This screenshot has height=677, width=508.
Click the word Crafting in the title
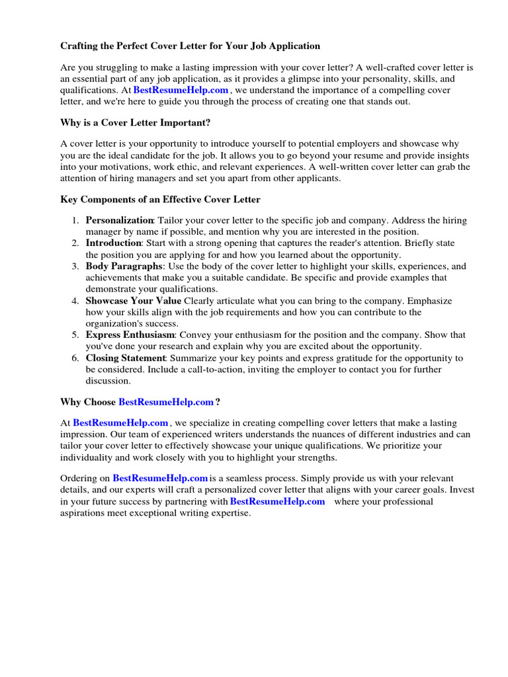tap(81, 46)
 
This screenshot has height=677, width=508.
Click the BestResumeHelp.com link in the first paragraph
tap(181, 90)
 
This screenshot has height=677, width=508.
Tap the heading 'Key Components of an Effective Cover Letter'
tap(160, 199)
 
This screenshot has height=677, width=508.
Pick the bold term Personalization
tap(120, 219)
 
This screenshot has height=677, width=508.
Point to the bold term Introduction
tap(114, 243)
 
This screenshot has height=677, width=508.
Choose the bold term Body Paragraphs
tap(124, 266)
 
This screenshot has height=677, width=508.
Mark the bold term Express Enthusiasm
tap(130, 335)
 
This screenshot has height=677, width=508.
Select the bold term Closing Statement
tap(126, 358)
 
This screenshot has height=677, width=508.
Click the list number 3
tap(75, 266)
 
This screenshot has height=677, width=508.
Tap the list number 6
tap(75, 358)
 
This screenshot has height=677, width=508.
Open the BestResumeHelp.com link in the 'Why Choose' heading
tap(166, 402)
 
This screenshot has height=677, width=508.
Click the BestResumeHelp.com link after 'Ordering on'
tap(160, 478)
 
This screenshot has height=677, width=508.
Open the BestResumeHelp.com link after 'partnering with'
tap(277, 501)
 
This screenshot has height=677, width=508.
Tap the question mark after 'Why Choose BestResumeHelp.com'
tap(218, 402)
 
